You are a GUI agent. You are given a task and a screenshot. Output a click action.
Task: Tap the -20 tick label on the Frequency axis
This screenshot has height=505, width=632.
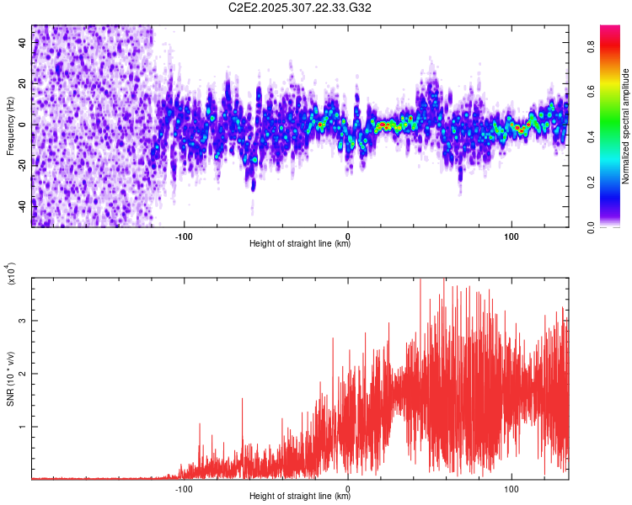(x=21, y=165)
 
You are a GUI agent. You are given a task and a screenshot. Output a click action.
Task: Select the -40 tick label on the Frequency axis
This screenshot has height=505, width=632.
(x=21, y=205)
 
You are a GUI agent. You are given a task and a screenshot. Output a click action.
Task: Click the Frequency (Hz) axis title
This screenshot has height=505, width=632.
(x=9, y=125)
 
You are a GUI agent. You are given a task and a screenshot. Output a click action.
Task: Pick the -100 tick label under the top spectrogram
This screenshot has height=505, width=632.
(x=185, y=237)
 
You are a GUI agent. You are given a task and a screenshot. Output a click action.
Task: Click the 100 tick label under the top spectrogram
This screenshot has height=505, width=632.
(x=511, y=237)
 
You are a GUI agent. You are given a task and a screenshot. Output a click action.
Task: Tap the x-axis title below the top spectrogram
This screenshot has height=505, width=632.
(x=300, y=245)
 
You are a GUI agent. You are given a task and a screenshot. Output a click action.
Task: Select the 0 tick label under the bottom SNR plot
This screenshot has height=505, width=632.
(x=348, y=489)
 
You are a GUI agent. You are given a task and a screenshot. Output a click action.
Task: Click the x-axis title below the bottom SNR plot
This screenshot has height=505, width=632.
(x=300, y=497)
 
